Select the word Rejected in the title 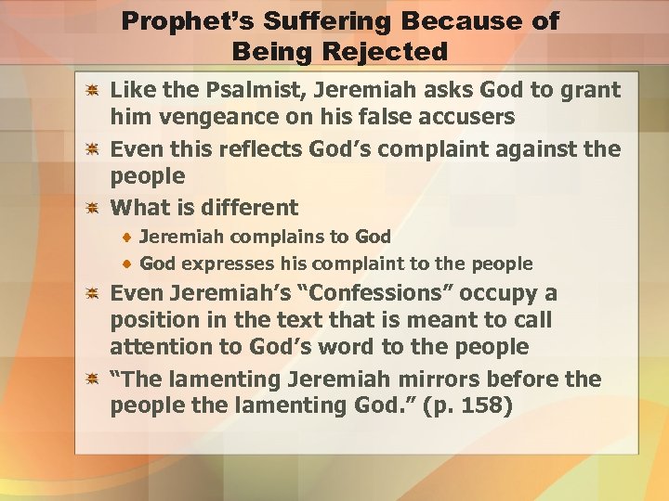click(389, 51)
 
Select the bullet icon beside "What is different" click(93, 208)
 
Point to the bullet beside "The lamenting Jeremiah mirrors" click(93, 380)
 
